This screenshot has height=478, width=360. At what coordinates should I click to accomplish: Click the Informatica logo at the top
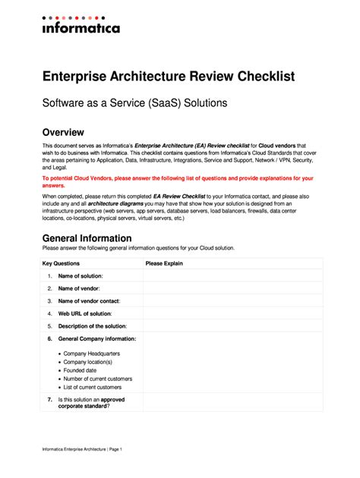pyautogui.click(x=81, y=25)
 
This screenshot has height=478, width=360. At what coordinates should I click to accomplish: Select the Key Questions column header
pyautogui.click(x=61, y=263)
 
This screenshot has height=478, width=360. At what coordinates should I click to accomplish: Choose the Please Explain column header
pyautogui.click(x=164, y=263)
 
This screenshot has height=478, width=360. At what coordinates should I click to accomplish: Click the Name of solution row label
pyautogui.click(x=81, y=276)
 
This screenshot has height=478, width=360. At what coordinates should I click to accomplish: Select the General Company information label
pyautogui.click(x=97, y=338)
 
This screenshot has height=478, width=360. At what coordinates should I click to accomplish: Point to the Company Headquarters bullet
pyautogui.click(x=90, y=354)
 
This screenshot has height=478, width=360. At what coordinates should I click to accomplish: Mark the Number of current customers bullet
pyautogui.click(x=97, y=379)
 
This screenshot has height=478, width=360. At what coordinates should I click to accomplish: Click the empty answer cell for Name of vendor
pyautogui.click(x=232, y=288)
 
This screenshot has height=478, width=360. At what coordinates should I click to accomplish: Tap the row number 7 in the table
pyautogui.click(x=49, y=399)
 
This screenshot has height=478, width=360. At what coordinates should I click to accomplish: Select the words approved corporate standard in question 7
pyautogui.click(x=91, y=403)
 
